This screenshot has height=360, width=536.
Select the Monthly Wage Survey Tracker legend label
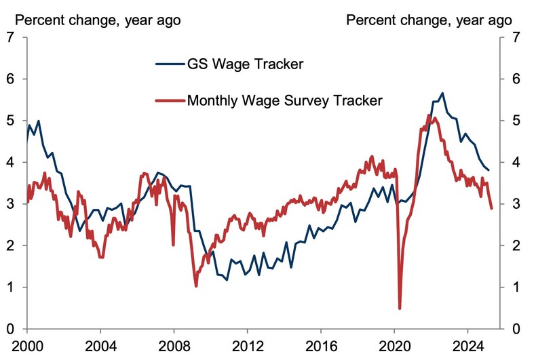coord(285,100)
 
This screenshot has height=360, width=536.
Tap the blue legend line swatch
coord(170,65)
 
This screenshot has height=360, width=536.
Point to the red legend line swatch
coord(170,100)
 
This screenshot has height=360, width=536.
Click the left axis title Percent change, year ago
coord(98,20)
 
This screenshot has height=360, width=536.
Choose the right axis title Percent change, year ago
coord(429,20)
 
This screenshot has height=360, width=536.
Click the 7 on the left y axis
coord(9,37)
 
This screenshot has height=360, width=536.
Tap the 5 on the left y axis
coord(9,121)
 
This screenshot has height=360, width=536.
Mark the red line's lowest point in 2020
coord(400,308)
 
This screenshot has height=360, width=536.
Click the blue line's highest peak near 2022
coord(442,93)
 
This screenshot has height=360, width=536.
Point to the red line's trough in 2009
coord(196,286)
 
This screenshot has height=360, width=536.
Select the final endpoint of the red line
coord(492,208)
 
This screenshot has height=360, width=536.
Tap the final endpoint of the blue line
coord(489,170)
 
